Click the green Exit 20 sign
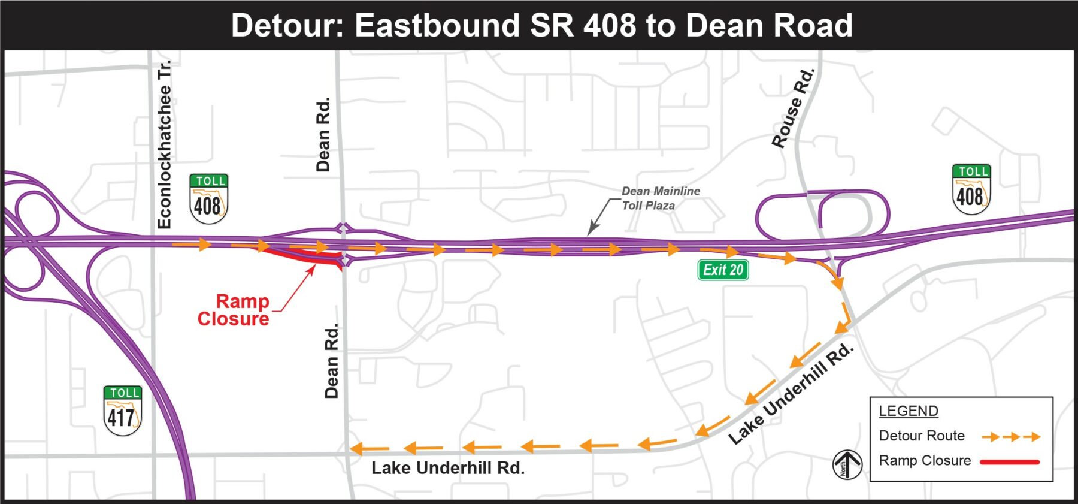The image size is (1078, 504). pyautogui.click(x=723, y=270)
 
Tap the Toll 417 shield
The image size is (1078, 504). pyautogui.click(x=122, y=411)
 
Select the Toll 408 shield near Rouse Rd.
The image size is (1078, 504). pyautogui.click(x=971, y=189)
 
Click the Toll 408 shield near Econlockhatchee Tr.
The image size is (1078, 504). pyautogui.click(x=208, y=198)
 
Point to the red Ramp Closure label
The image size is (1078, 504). pyautogui.click(x=234, y=310)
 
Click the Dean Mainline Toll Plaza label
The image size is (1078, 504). pyautogui.click(x=660, y=198)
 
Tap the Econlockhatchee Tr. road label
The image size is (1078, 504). pyautogui.click(x=164, y=144)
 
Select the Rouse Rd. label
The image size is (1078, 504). pyautogui.click(x=793, y=108)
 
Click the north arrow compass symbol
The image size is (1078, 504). pyautogui.click(x=847, y=464)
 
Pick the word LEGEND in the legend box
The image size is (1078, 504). pyautogui.click(x=908, y=411)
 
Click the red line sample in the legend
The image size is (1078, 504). pyautogui.click(x=1009, y=462)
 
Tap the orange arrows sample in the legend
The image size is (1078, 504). pyautogui.click(x=1010, y=437)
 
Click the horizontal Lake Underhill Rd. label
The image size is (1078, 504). pyautogui.click(x=447, y=468)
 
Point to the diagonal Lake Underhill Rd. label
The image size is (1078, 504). pyautogui.click(x=791, y=394)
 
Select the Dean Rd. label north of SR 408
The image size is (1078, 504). pyautogui.click(x=323, y=135)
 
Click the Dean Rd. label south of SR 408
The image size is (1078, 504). pyautogui.click(x=331, y=361)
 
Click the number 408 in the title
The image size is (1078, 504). pyautogui.click(x=610, y=26)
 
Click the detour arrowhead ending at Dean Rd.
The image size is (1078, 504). pyautogui.click(x=357, y=449)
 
